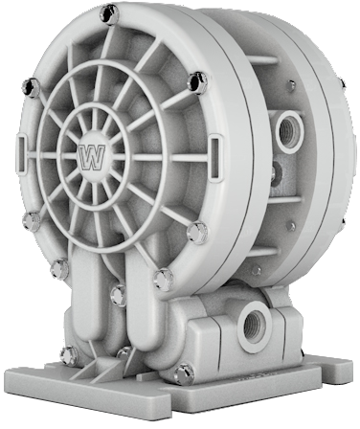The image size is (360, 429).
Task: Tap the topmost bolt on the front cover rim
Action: [109, 14]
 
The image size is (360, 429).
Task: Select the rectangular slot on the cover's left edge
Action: [22, 153]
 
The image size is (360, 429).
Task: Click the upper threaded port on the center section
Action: [289, 132]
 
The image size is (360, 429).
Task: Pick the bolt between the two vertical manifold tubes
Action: [119, 295]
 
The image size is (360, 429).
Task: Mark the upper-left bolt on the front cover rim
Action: [32, 87]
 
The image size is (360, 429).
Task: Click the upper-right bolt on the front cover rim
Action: [197, 83]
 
